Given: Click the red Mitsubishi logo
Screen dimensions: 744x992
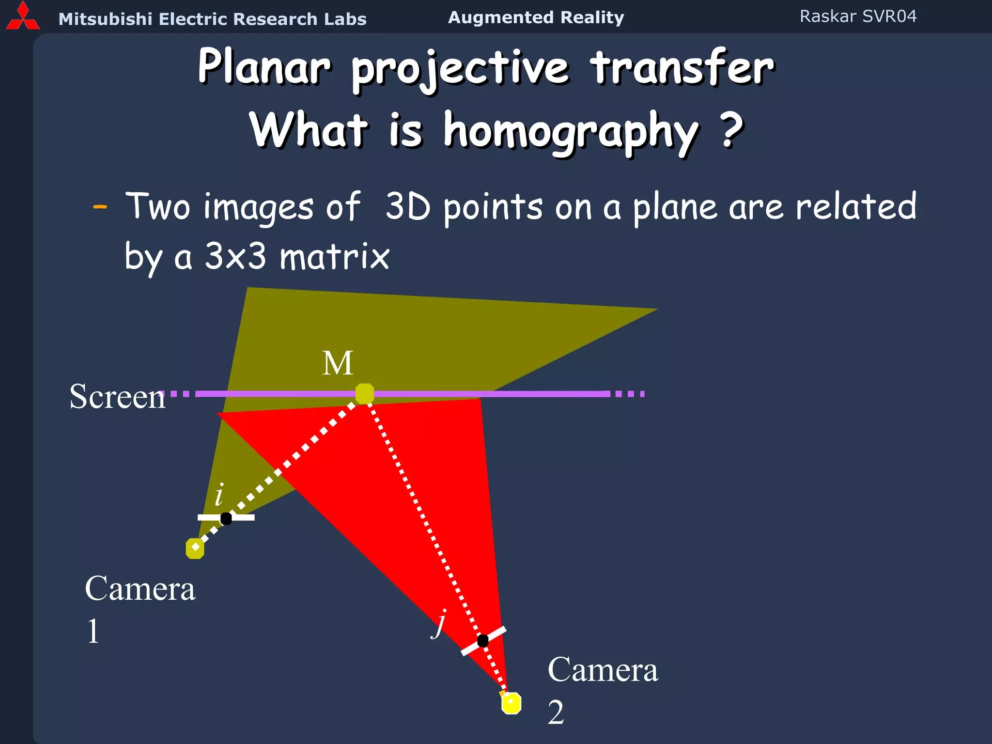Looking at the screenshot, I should [22, 17].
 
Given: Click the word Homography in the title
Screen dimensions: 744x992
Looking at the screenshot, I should [571, 131].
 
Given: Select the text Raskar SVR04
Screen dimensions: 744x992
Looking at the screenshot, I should [858, 16].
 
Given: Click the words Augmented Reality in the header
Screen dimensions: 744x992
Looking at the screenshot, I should [536, 17].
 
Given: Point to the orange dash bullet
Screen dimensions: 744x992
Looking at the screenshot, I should [100, 207].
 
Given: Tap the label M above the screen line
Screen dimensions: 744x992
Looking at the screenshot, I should [338, 363].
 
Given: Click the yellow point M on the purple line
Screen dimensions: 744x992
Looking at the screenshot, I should [364, 393].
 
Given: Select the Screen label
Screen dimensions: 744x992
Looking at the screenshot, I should [117, 397].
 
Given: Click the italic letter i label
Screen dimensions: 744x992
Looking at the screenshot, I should [219, 495].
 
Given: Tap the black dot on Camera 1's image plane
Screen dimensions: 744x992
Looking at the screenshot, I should [226, 518].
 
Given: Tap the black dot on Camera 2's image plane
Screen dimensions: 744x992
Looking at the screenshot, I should [483, 640].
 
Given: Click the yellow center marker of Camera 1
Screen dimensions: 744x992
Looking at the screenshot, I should [195, 548].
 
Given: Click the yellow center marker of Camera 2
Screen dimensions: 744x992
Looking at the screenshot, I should [511, 703].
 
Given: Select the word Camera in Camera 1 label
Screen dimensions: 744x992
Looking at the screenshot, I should [140, 589].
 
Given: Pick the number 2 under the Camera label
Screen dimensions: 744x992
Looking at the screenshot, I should [556, 713].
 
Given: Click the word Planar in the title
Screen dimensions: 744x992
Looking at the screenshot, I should [264, 68].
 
